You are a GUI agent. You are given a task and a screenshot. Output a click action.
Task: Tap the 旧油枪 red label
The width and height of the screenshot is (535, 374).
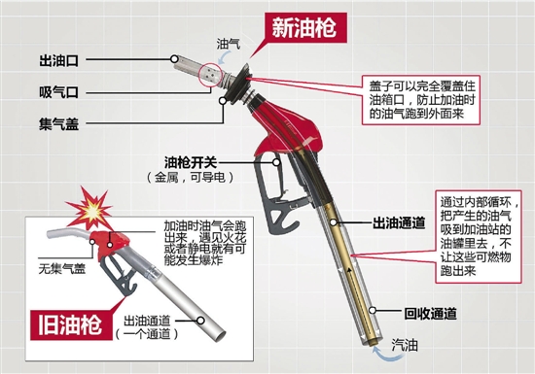[71, 324]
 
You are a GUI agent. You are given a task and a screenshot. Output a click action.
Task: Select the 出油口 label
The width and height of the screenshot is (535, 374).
[59, 61]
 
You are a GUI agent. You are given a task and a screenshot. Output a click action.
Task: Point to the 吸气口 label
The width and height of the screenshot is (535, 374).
[59, 92]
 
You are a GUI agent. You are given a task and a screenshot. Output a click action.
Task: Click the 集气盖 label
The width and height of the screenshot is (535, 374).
[59, 124]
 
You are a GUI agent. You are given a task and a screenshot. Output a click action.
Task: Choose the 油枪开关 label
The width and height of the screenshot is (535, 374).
[191, 162]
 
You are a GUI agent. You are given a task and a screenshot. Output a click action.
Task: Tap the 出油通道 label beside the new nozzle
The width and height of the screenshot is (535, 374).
[399, 223]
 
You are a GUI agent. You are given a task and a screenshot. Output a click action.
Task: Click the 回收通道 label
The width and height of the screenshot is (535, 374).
[430, 314]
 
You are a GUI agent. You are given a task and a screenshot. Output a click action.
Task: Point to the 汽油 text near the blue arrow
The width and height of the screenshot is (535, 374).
[405, 346]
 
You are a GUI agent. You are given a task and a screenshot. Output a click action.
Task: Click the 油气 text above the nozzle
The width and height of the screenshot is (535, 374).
[229, 44]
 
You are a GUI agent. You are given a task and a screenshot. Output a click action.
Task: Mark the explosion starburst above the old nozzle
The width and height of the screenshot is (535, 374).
[89, 208]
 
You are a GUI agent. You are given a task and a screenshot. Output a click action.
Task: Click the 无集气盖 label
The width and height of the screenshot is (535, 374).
[61, 269]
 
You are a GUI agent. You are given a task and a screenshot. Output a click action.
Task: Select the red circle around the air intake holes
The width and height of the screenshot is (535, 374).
[210, 75]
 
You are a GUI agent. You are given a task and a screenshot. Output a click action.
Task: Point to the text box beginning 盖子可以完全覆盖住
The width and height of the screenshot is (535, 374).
[421, 100]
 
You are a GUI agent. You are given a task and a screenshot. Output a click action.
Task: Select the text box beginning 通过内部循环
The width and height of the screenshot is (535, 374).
[479, 236]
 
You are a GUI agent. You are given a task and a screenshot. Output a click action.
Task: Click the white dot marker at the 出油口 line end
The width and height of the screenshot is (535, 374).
[174, 59]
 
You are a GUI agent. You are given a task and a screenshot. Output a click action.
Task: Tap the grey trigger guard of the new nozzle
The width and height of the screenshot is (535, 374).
[276, 194]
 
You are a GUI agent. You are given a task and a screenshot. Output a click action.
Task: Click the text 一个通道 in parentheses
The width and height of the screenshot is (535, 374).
[147, 334]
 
